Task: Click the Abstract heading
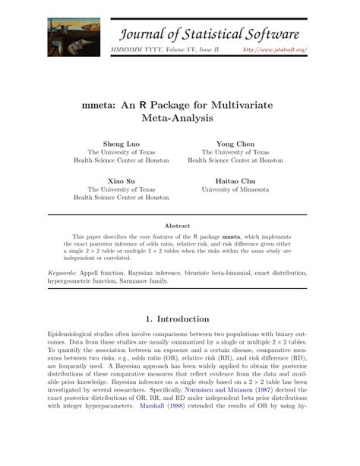pyautogui.click(x=179, y=226)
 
